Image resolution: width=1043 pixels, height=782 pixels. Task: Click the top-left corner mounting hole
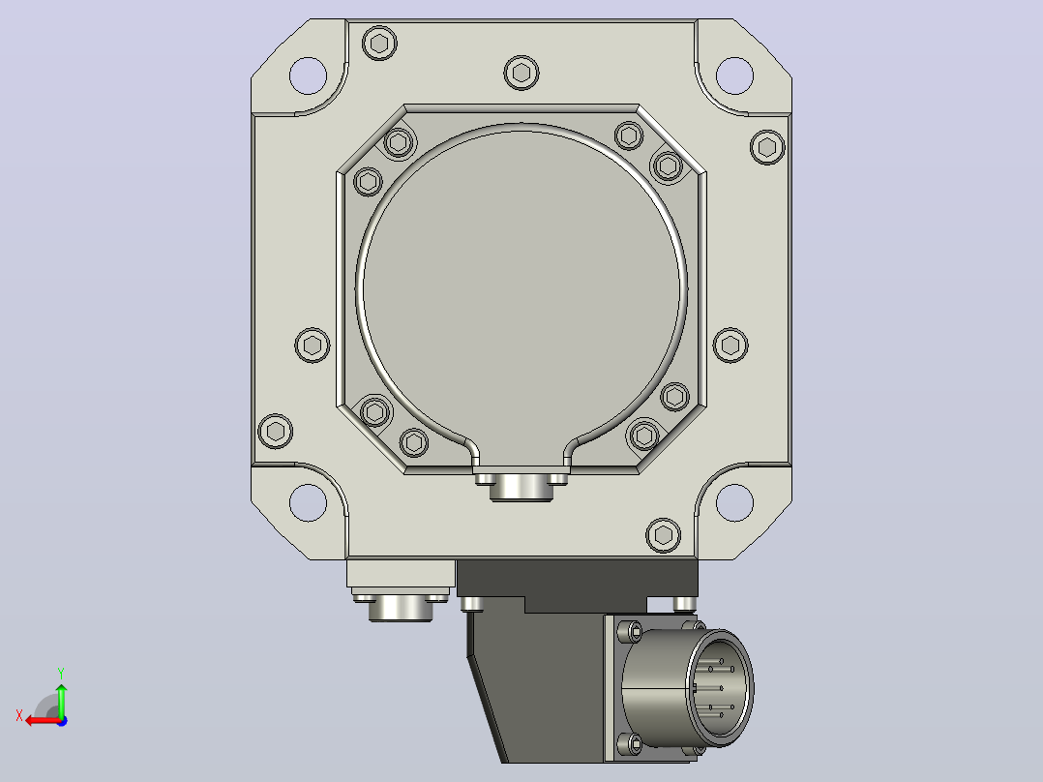coord(308,75)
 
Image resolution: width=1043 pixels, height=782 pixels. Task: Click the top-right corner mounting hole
coord(734,75)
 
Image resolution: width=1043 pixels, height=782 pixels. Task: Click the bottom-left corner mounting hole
coord(308,502)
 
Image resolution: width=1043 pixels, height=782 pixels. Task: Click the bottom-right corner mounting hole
coord(734,502)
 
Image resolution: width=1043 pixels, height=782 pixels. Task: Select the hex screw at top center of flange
coord(521,73)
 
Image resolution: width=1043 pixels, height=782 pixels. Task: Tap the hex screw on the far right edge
coord(767,147)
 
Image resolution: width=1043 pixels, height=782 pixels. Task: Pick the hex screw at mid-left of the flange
coord(312,345)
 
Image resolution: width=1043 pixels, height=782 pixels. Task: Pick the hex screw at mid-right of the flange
coord(730,345)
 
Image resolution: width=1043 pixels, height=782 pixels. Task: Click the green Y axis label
coord(61,674)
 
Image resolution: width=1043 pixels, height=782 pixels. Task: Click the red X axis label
coord(19,716)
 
